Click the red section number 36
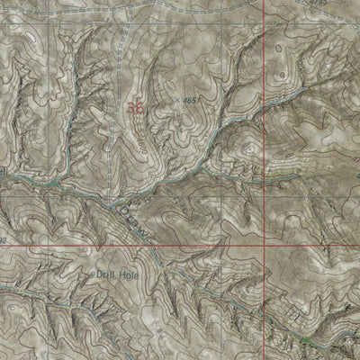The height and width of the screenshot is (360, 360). point(136,107)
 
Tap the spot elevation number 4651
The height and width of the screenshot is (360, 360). point(191,99)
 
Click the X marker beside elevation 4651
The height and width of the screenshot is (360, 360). point(178,100)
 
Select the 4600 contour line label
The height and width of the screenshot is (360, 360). point(143,141)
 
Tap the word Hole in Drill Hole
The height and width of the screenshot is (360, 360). point(131,273)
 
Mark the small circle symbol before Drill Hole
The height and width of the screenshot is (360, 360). point(94,274)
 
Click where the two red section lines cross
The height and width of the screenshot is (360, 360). point(265,246)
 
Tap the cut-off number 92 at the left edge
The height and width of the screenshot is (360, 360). point(4,241)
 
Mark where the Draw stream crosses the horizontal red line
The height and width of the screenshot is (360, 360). point(153,246)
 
